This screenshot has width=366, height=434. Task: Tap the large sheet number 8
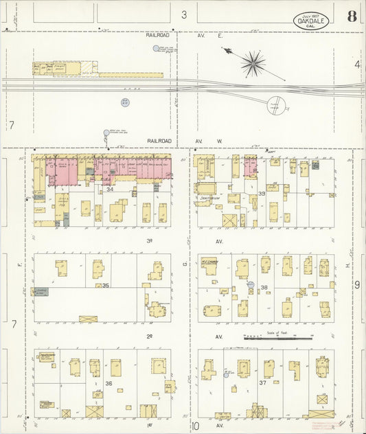[352, 17]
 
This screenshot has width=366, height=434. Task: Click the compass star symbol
[253, 63]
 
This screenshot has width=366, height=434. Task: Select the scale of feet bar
[277, 338]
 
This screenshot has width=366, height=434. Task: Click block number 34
[109, 189]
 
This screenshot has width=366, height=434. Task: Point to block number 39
[262, 194]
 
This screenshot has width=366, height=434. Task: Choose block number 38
[263, 287]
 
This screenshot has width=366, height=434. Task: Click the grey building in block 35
[40, 291]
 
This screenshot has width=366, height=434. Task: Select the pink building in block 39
[250, 165]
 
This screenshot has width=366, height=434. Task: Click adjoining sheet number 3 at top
[184, 14]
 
